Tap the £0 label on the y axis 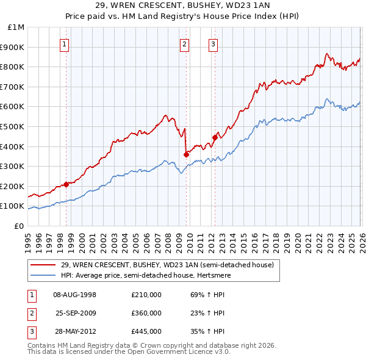pyautogui.click(x=20, y=226)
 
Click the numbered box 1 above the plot pyautogui.click(x=64, y=43)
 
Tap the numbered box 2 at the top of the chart pyautogui.click(x=185, y=43)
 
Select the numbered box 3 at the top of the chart pyautogui.click(x=213, y=43)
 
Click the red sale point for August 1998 pyautogui.click(x=66, y=184)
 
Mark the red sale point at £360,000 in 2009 pyautogui.click(x=186, y=154)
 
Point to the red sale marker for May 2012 pyautogui.click(x=215, y=137)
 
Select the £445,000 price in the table pyautogui.click(x=146, y=331)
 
